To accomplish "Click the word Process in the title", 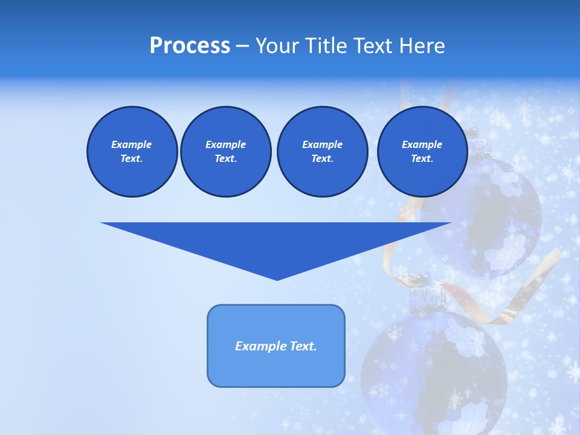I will [190, 46].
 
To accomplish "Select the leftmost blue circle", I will [132, 152].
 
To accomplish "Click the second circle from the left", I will [225, 152].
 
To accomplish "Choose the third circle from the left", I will [322, 152].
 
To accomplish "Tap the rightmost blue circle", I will [422, 152].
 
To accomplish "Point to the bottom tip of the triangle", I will [277, 279].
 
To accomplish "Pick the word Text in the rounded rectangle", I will [303, 346].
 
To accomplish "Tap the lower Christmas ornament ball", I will [435, 369].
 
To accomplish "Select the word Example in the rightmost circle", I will [422, 144].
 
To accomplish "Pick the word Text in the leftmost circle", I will [132, 159].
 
